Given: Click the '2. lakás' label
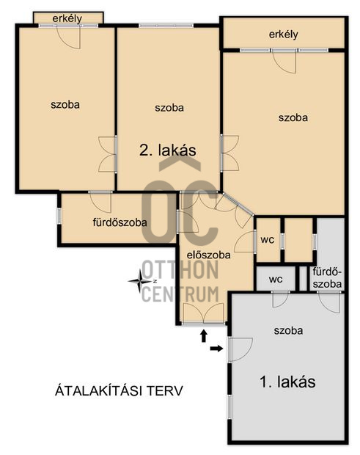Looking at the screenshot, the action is [168, 150].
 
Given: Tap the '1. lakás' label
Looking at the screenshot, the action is [287, 382].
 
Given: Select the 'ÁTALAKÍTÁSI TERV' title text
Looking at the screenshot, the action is [119, 390].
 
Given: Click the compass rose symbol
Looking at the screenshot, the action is [141, 281].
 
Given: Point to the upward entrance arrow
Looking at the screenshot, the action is [204, 335].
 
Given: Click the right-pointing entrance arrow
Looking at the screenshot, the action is [216, 349].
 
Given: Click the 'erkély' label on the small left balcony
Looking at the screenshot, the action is [67, 18].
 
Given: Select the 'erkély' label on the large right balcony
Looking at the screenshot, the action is [284, 34].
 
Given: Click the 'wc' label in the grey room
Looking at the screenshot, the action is [276, 279].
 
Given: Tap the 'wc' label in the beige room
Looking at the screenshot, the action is [267, 240].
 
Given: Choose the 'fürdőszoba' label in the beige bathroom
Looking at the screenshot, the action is [120, 222].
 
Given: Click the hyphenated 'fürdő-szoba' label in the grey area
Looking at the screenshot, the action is [327, 278].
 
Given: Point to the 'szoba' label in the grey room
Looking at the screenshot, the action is [288, 330].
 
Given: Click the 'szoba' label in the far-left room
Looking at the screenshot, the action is [65, 104].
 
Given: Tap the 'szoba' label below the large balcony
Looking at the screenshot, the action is [293, 117].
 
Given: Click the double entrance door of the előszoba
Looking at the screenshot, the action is [204, 313].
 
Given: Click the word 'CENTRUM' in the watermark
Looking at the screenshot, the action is [180, 294].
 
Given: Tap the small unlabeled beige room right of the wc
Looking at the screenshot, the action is [298, 240].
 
